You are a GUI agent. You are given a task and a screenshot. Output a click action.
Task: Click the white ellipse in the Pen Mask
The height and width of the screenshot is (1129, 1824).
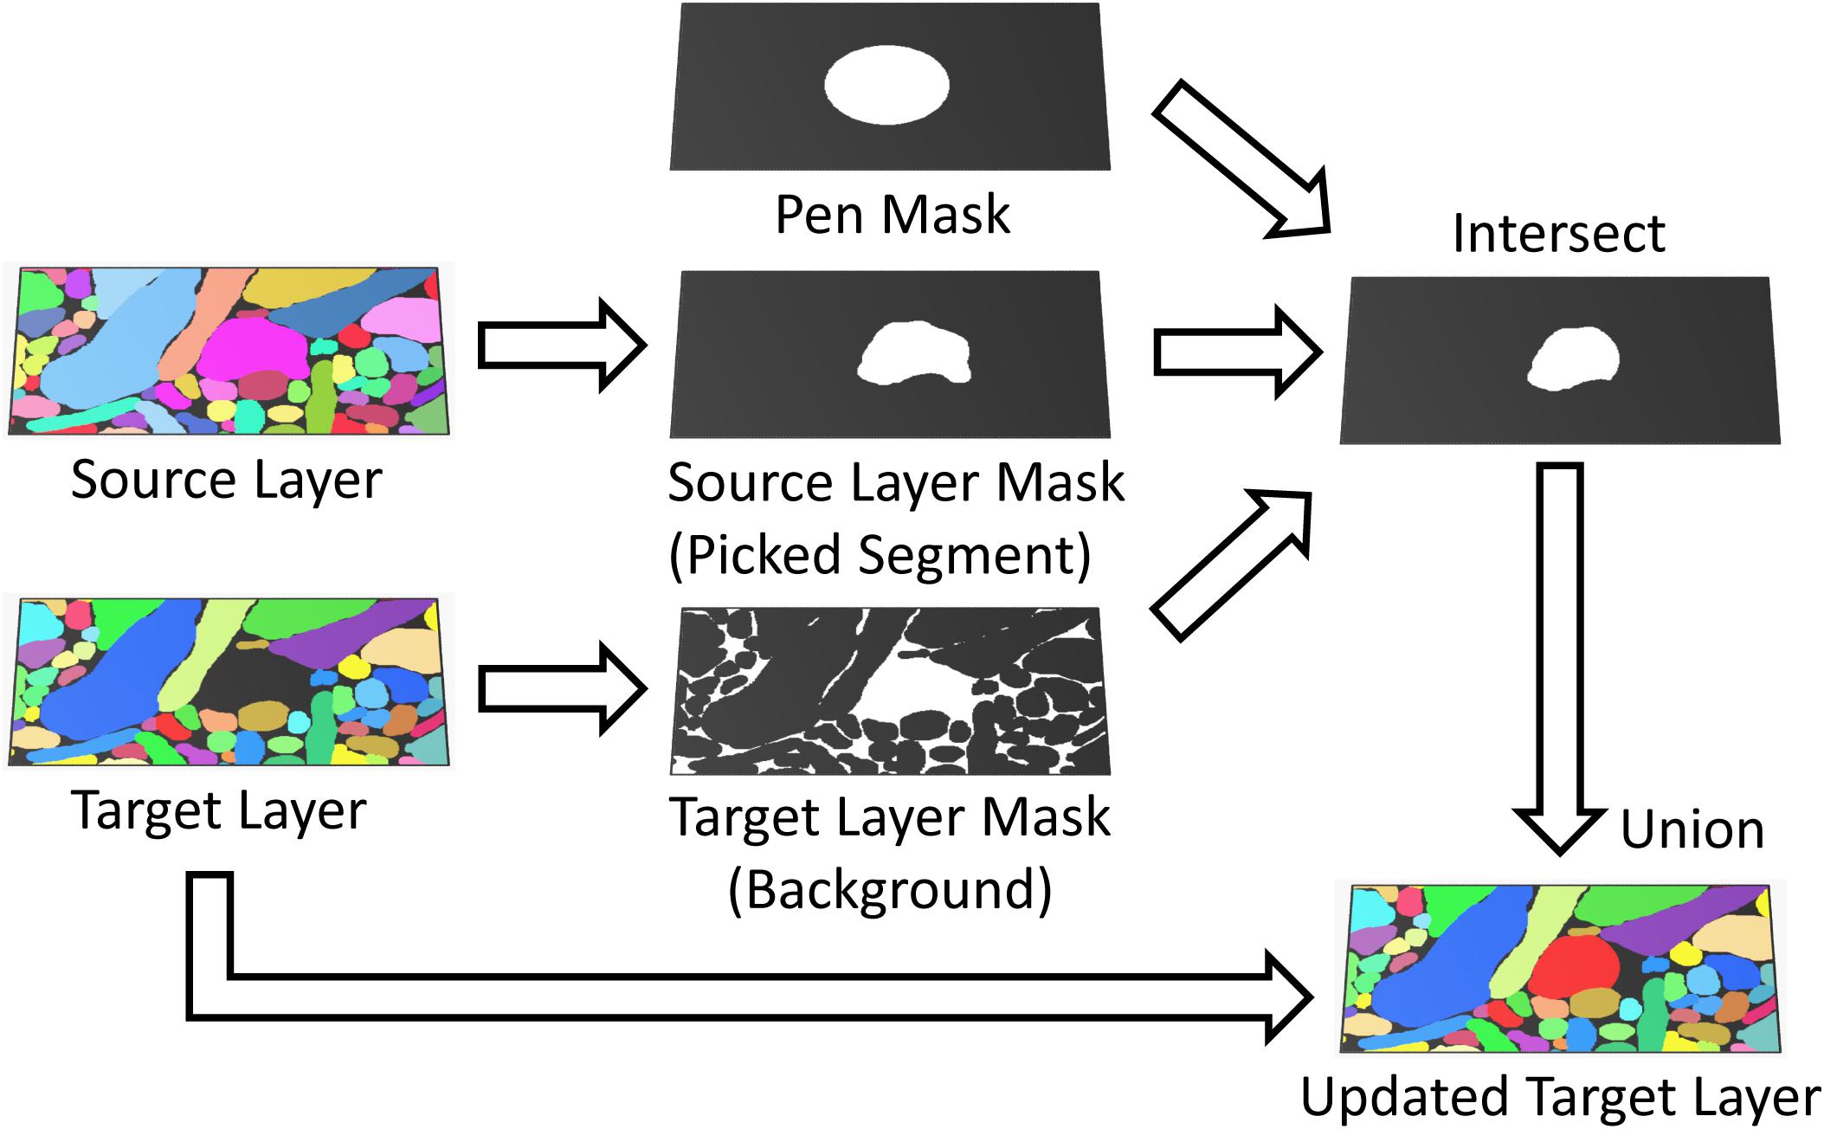(x=886, y=86)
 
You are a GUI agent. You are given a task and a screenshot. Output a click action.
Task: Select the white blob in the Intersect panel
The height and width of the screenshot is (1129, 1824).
(x=1572, y=359)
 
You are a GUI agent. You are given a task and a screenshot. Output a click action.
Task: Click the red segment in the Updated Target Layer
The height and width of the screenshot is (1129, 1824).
(x=1572, y=970)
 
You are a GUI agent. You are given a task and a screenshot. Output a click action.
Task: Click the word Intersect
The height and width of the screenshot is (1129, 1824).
(x=1558, y=233)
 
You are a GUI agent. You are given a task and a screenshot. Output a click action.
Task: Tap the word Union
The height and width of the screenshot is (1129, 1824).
(x=1692, y=829)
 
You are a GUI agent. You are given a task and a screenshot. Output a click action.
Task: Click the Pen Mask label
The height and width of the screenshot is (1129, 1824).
(x=892, y=214)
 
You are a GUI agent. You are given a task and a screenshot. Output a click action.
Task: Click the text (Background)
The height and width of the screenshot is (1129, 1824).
(x=889, y=889)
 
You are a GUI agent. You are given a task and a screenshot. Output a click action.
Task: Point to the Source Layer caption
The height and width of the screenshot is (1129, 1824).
(x=226, y=479)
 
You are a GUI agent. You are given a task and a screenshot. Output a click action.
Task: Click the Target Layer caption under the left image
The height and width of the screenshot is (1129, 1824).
(x=218, y=810)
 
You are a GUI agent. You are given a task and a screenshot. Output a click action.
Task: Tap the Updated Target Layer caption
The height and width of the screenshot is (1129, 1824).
(x=1559, y=1098)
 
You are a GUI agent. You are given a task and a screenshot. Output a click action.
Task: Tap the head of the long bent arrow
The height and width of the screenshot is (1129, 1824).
(x=1290, y=997)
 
